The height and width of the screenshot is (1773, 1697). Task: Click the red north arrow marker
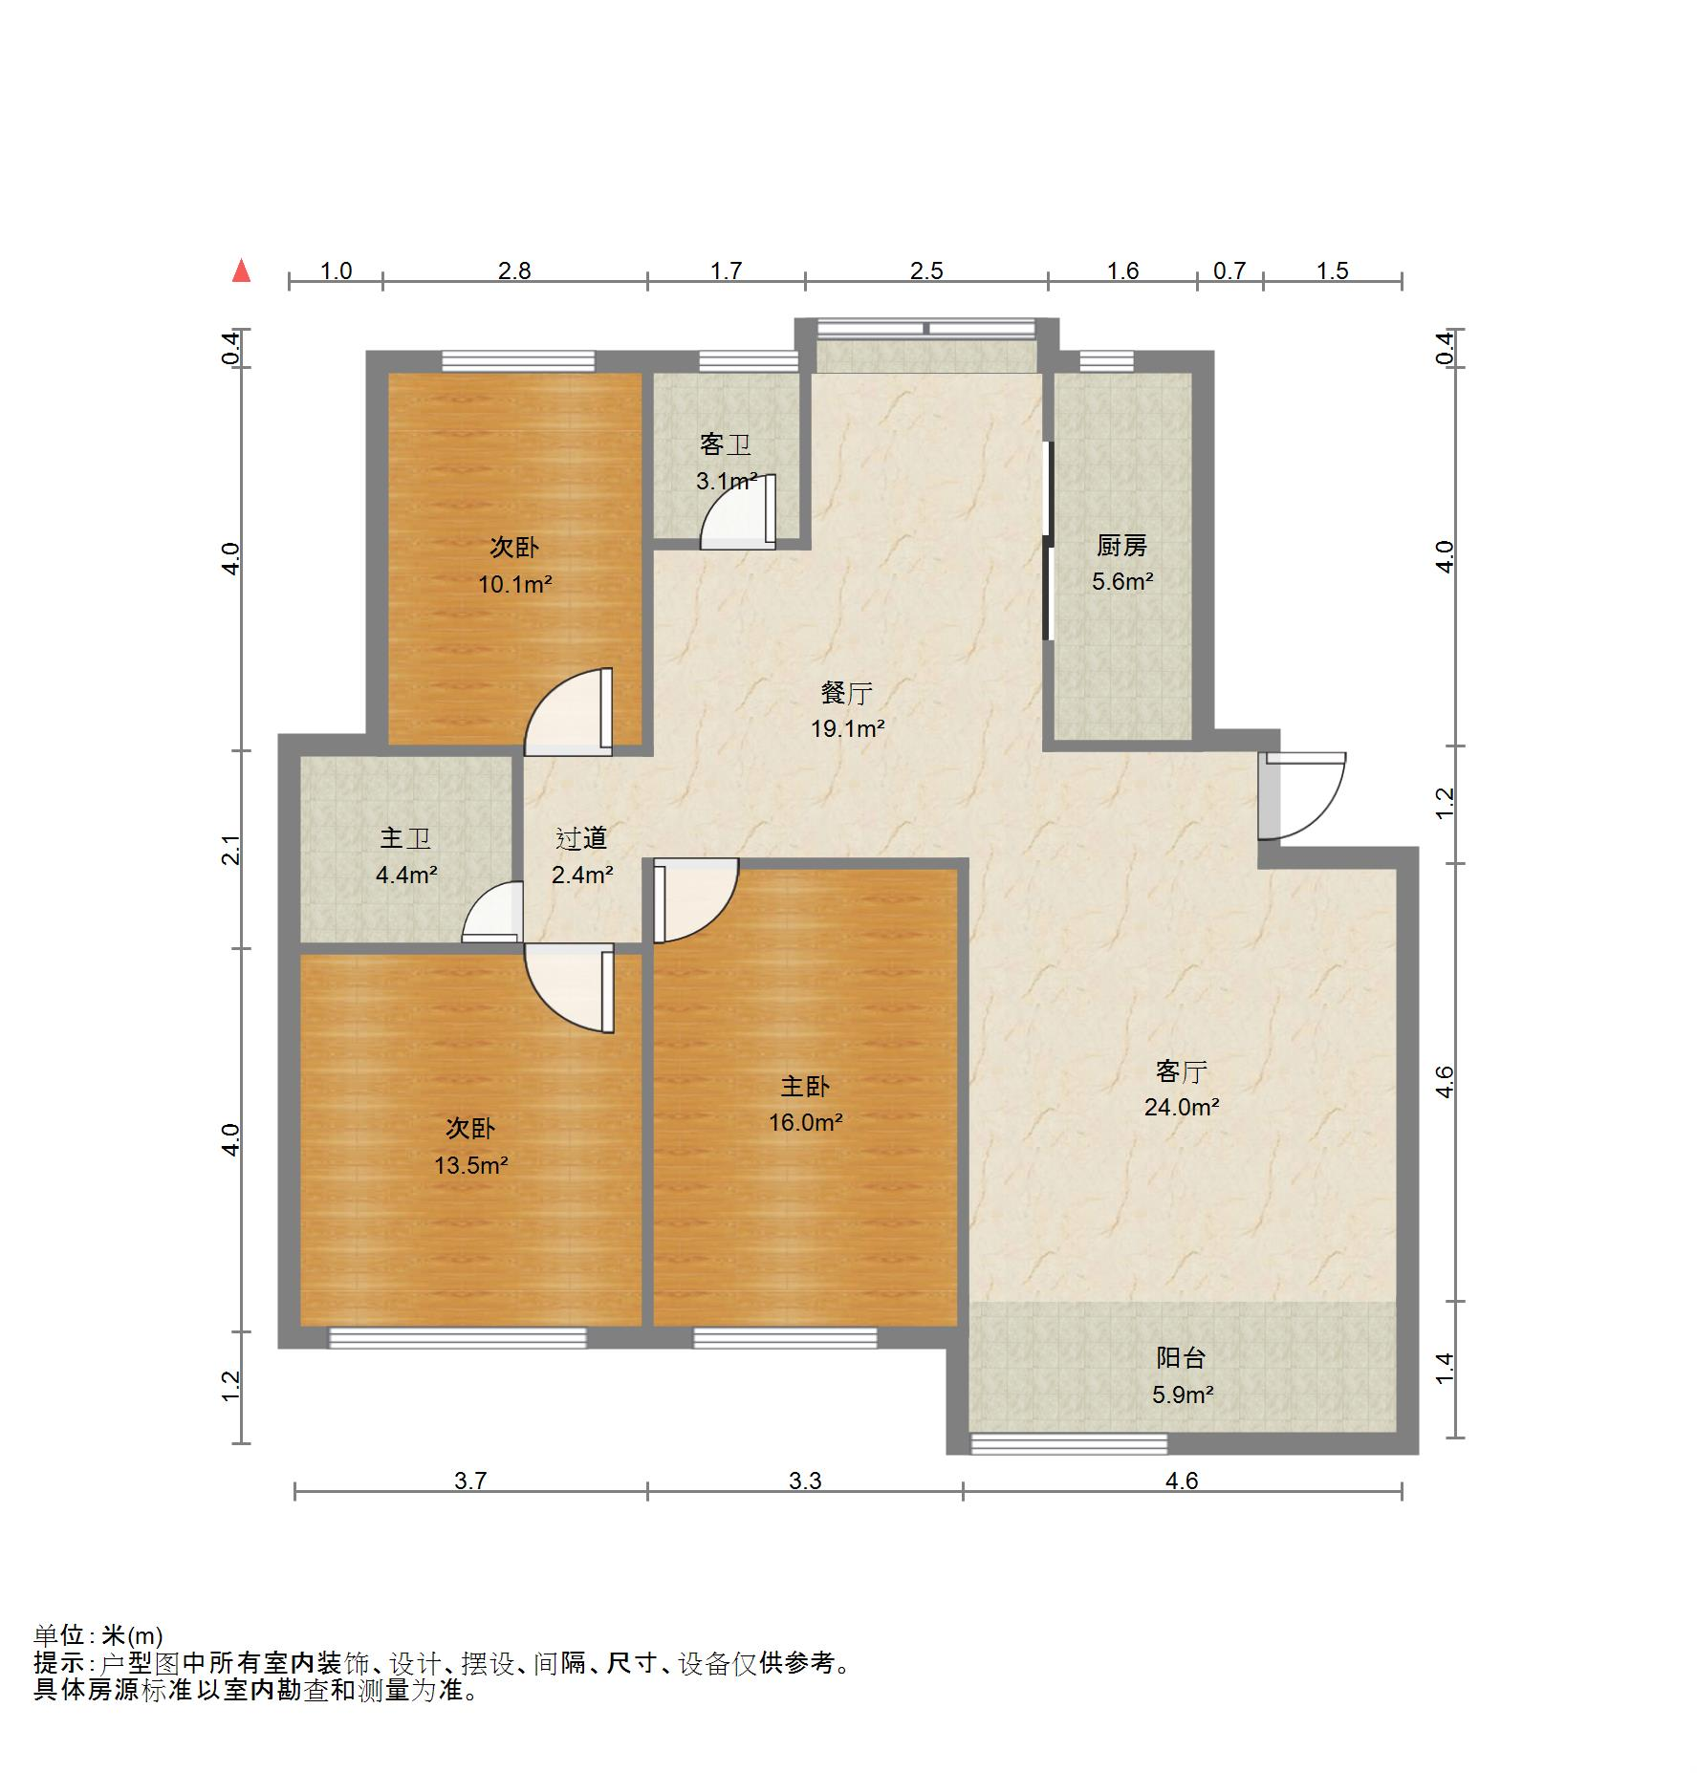242,271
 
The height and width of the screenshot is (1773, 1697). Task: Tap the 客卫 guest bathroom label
726,444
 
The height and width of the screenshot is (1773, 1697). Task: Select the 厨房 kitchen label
1121,546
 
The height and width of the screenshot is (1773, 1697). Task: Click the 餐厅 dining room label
847,693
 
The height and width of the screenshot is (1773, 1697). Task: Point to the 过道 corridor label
582,838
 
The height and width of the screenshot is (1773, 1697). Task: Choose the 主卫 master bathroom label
406,838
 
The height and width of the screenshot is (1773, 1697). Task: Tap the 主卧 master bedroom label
805,1086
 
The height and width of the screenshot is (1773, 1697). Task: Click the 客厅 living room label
1182,1071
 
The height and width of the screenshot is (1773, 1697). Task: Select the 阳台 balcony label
1182,1357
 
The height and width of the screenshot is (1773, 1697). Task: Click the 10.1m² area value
515,584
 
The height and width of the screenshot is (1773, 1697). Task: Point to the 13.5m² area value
470,1165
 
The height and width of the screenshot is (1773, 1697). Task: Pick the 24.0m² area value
1182,1107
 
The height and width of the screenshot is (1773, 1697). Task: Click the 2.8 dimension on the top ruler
514,271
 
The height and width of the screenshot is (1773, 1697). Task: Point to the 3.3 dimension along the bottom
805,1481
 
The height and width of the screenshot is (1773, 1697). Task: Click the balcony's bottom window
1069,1444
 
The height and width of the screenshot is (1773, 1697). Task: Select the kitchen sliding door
1048,540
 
